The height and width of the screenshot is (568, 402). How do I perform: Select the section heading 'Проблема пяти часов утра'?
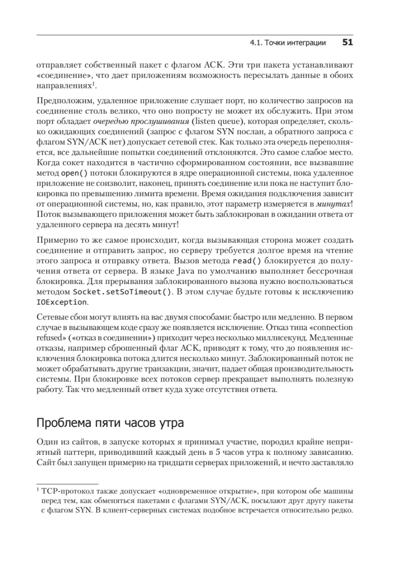pyautogui.click(x=110, y=422)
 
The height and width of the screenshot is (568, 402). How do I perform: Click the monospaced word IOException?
pyautogui.click(x=62, y=302)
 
